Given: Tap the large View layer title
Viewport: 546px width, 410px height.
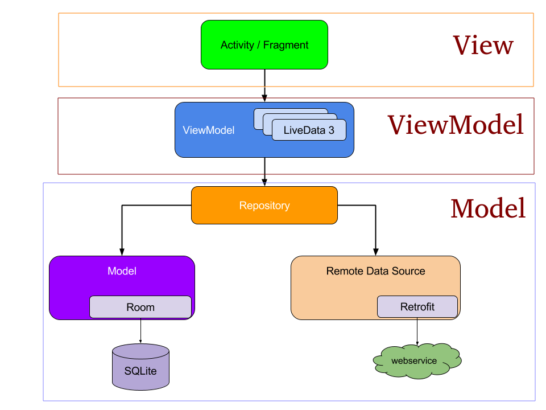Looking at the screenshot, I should (x=483, y=46).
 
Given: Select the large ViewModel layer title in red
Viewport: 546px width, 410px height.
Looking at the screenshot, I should (x=456, y=125).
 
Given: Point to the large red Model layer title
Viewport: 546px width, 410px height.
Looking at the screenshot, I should (x=488, y=209).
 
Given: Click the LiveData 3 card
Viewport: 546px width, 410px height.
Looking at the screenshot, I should (x=309, y=130).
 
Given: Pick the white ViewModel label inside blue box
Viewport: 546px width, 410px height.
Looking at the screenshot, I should (x=209, y=130).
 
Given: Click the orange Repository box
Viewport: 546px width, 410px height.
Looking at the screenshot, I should (x=264, y=206).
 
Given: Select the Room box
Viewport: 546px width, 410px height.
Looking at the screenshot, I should (x=140, y=307).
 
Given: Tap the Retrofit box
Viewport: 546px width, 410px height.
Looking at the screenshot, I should (x=417, y=307).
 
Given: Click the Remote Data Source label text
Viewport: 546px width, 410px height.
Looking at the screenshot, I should (x=375, y=271).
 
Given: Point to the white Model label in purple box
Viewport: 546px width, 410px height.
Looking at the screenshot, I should (x=122, y=271).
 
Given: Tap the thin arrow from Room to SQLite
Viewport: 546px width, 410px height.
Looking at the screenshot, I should (x=140, y=330).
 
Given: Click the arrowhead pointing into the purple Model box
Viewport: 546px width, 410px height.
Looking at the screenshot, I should (x=121, y=251).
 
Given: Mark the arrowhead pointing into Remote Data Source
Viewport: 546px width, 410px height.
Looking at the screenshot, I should (x=375, y=251).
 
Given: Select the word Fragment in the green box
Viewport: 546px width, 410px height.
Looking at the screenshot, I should (x=286, y=45).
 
